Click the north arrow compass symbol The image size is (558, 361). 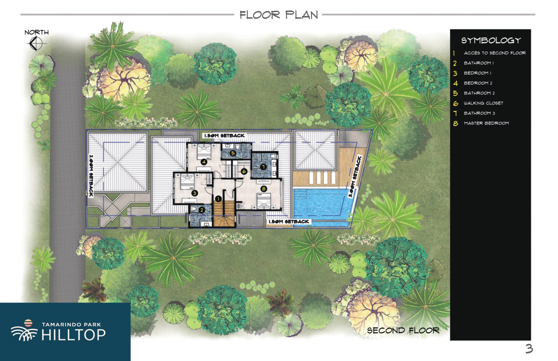37,43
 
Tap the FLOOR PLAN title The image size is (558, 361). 279,15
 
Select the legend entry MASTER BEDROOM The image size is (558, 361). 486,123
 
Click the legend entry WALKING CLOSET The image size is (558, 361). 484,103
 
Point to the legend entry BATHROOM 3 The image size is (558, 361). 480,113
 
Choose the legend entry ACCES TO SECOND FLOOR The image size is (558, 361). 495,53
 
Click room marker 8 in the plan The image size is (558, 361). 263,189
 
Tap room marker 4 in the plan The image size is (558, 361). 204,162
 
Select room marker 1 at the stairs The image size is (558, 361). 218,199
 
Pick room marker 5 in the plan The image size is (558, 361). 233,153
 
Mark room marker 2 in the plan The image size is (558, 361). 202,210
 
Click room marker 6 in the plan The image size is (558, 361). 244,171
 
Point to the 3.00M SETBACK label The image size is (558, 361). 355,177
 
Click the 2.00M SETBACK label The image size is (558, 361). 91,176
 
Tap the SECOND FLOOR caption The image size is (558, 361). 403,330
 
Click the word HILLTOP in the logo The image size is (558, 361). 74,335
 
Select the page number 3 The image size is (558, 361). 529,349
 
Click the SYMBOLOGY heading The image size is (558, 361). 491,41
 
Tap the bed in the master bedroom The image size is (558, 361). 264,201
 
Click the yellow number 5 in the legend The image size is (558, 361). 455,93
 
